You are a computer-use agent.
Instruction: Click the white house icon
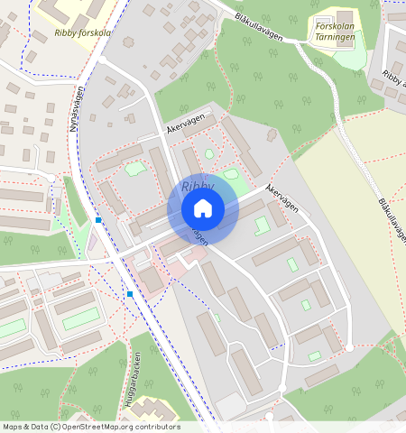[x=203, y=208]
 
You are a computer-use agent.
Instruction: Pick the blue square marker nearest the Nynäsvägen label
[x=97, y=219]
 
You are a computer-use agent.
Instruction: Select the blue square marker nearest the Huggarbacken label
[x=130, y=294]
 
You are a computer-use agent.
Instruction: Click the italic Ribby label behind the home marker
[x=197, y=186]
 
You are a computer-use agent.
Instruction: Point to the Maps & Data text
[x=25, y=427]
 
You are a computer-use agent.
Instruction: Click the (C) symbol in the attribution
[x=56, y=427]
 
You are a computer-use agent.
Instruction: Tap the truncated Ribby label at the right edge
[x=395, y=79]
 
